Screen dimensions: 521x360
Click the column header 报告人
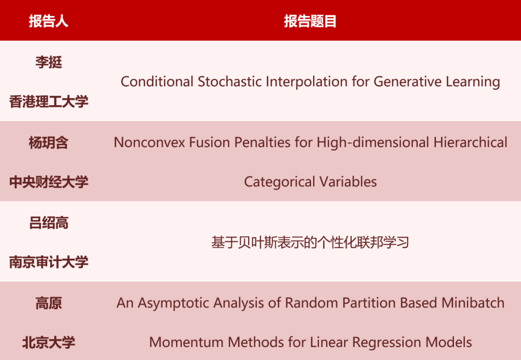[x=49, y=21]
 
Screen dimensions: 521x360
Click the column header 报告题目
[x=310, y=21]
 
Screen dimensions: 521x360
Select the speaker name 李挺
[x=49, y=62]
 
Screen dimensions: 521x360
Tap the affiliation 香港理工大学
[x=49, y=101]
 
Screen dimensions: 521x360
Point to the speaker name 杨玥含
[x=49, y=143]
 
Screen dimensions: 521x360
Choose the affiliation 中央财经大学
[x=49, y=182]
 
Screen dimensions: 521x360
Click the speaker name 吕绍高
[x=49, y=223]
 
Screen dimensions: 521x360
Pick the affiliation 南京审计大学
[x=49, y=262]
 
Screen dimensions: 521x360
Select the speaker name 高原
[x=49, y=303]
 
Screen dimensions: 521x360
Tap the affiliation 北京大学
[x=49, y=342]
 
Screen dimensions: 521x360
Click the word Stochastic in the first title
[x=230, y=82]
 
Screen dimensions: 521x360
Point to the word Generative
[x=407, y=82]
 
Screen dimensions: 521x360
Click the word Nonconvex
[x=149, y=143]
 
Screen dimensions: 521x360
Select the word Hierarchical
[x=470, y=143]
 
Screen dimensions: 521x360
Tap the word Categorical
[x=279, y=182]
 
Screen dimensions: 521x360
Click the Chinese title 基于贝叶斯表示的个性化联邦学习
[x=310, y=242]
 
